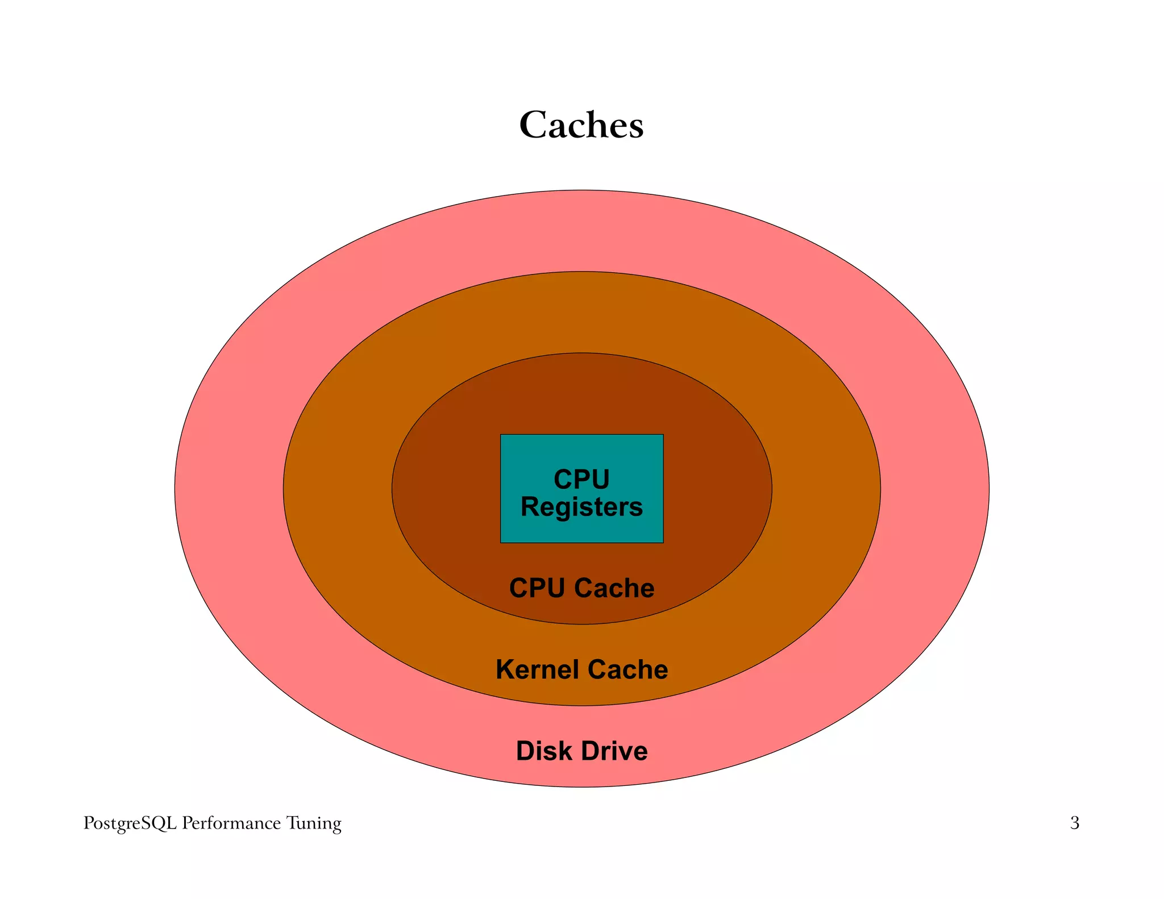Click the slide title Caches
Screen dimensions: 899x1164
tap(581, 124)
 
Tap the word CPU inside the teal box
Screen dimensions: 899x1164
tap(581, 479)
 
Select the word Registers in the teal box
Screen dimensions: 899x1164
tap(581, 507)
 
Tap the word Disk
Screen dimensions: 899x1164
tap(543, 751)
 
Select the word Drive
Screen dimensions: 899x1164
tap(615, 751)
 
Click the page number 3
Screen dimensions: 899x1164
tap(1074, 823)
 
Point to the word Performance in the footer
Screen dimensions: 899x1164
tap(231, 823)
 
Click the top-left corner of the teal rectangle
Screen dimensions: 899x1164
tap(501, 435)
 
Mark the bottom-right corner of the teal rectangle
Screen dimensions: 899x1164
tap(663, 542)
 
